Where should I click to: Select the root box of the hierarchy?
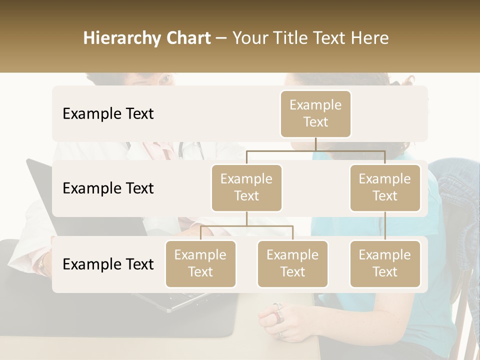click(315, 113)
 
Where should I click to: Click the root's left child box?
click(246, 187)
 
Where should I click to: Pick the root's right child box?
click(385, 187)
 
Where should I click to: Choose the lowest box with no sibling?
click(385, 263)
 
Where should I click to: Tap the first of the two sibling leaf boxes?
click(200, 263)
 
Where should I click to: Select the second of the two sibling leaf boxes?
click(292, 263)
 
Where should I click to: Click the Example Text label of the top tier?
click(108, 113)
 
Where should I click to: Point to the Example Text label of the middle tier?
click(108, 188)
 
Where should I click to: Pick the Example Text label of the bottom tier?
click(108, 264)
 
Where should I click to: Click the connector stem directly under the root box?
click(315, 144)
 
